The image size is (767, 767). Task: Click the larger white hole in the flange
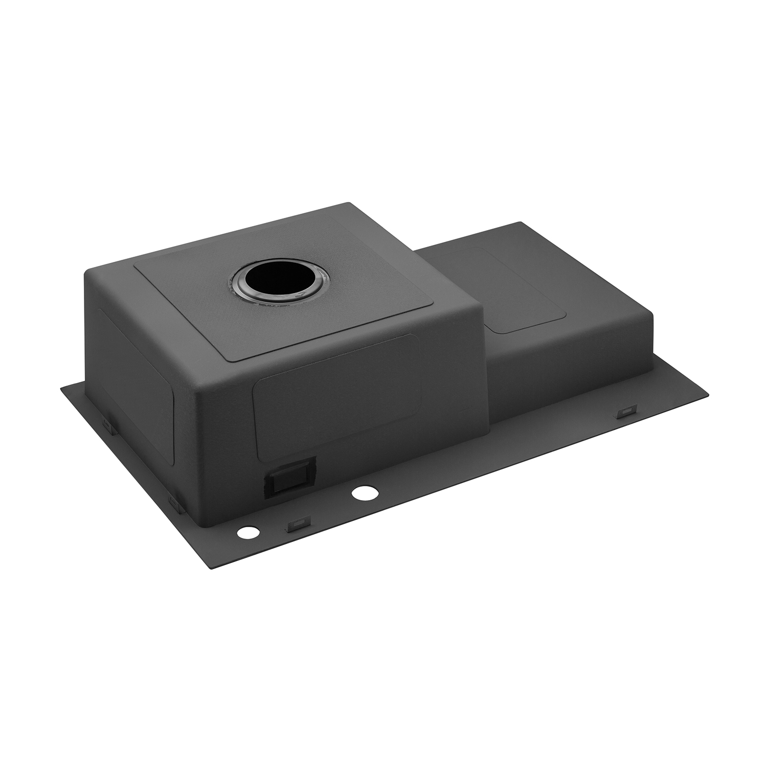click(364, 493)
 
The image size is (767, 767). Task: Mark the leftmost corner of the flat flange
click(61, 390)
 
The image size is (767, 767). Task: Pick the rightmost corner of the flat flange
click(709, 395)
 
